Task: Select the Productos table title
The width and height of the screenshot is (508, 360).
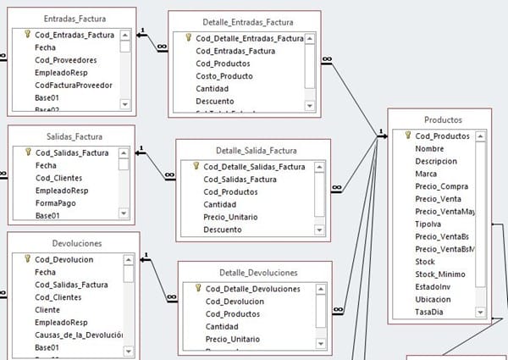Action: coord(440,119)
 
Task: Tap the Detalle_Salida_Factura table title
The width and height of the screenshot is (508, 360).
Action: coord(246,151)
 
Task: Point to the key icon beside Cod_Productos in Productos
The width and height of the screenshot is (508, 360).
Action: coord(408,136)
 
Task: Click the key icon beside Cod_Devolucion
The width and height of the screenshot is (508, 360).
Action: coord(28,259)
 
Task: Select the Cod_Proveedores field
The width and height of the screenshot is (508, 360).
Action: coord(65,60)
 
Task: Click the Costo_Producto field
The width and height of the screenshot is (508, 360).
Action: coord(226,76)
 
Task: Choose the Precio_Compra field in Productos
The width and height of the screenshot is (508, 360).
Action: coord(443,186)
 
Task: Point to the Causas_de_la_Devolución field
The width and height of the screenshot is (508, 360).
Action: coord(80,335)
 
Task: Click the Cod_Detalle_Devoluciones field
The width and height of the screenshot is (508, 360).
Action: coord(253,289)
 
